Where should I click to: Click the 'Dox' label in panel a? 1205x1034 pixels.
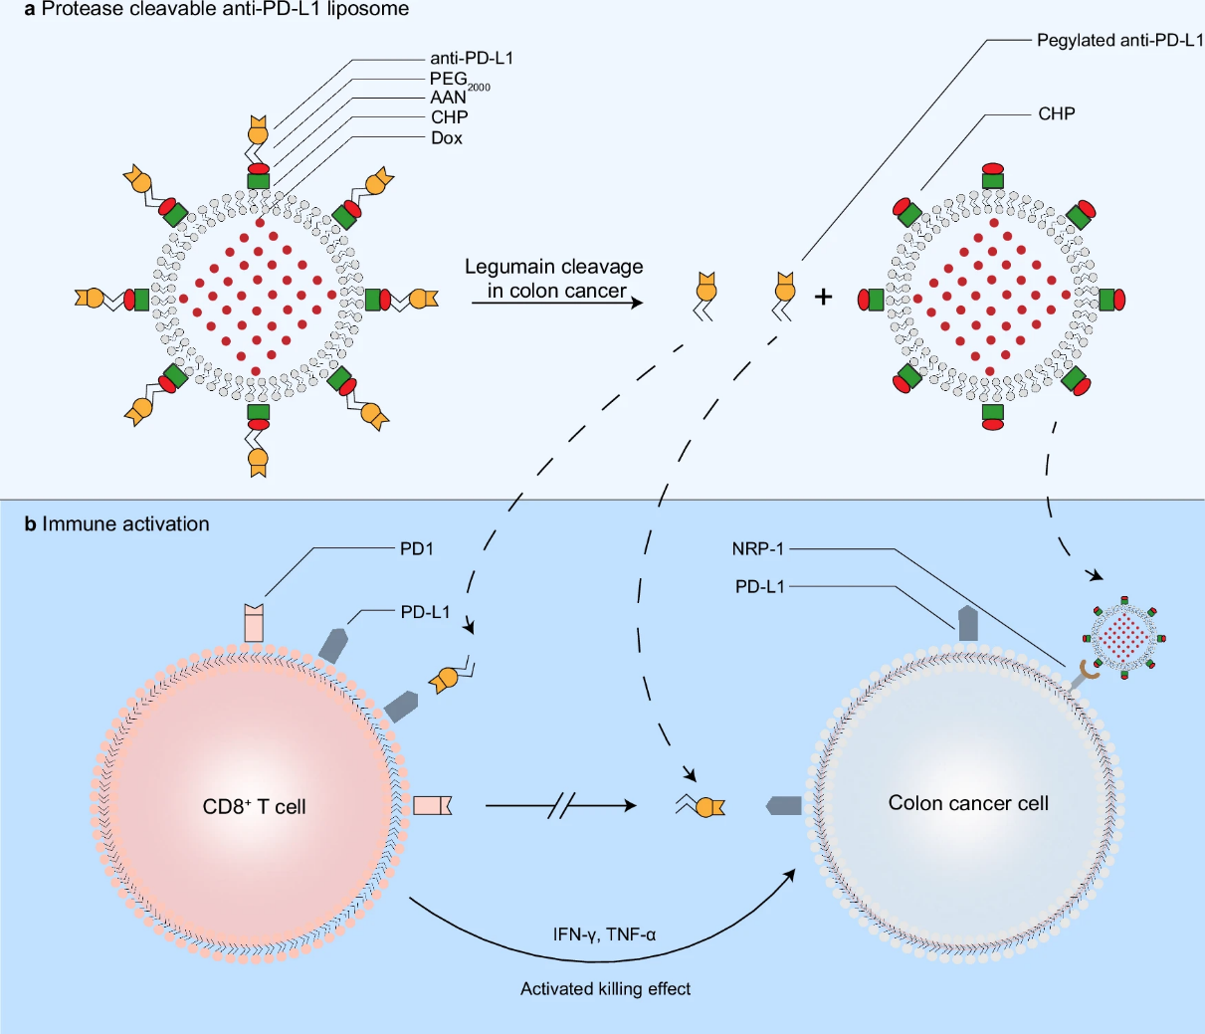pyautogui.click(x=447, y=138)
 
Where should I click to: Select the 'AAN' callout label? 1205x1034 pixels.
pyautogui.click(x=449, y=98)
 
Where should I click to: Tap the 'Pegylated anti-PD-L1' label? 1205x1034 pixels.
pyautogui.click(x=1119, y=41)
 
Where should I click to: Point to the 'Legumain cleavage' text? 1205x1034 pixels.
pyautogui.click(x=553, y=267)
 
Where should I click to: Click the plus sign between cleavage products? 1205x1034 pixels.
pyautogui.click(x=823, y=296)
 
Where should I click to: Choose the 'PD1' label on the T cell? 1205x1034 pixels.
pyautogui.click(x=417, y=548)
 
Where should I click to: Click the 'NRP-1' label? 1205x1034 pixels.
pyautogui.click(x=758, y=548)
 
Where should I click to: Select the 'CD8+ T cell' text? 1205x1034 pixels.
pyautogui.click(x=255, y=806)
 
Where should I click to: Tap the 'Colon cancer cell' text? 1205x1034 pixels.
pyautogui.click(x=968, y=803)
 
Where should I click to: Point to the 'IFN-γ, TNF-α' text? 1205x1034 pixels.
pyautogui.click(x=605, y=935)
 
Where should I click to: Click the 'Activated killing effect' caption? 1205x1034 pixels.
pyautogui.click(x=605, y=988)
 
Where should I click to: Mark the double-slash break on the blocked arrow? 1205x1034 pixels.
pyautogui.click(x=561, y=806)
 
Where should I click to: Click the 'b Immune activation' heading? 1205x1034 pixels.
pyautogui.click(x=117, y=523)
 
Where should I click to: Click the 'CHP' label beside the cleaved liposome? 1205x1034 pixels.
pyautogui.click(x=1057, y=113)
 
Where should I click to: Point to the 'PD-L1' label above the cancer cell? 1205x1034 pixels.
pyautogui.click(x=760, y=586)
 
